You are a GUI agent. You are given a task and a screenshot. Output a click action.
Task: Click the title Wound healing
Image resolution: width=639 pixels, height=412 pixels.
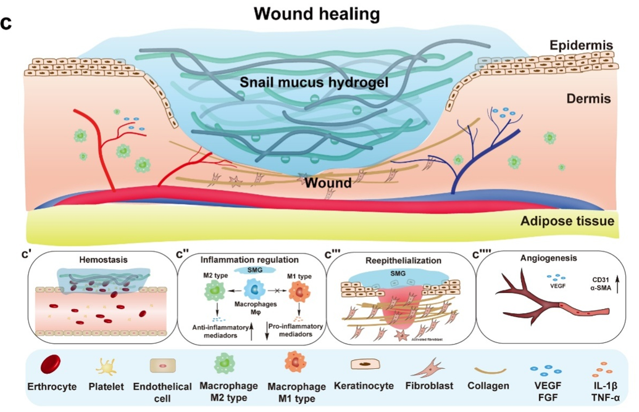pos(320,14)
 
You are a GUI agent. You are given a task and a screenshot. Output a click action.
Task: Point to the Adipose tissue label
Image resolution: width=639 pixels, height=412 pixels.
pos(567,221)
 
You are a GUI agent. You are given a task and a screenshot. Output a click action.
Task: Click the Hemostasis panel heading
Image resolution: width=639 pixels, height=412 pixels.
pos(104,260)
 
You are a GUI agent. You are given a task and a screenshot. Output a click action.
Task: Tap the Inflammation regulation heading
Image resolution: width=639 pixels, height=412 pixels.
pos(250,260)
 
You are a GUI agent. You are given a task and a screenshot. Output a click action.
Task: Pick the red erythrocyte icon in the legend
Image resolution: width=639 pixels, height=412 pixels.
pos(52,365)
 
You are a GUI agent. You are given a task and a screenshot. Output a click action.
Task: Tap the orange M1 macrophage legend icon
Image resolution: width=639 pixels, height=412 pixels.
pos(296,362)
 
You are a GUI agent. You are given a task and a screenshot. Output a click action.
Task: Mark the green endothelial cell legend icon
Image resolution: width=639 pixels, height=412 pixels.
pos(162,366)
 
